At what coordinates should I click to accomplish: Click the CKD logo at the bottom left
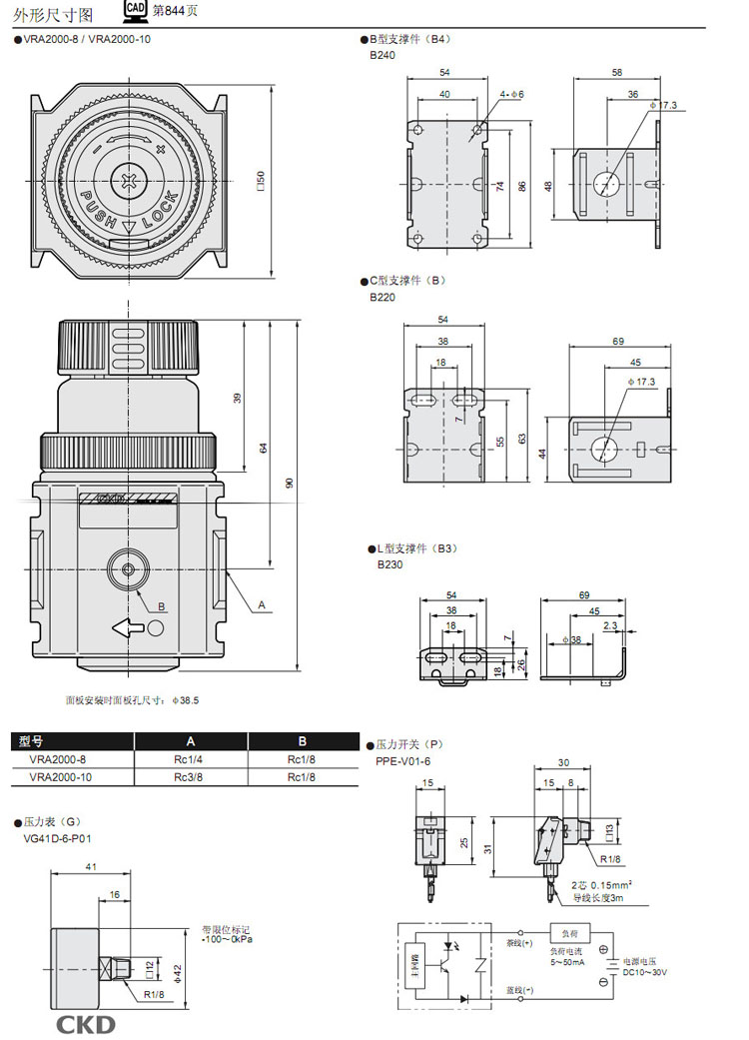click(85, 1024)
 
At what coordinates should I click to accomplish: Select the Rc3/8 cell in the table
click(190, 776)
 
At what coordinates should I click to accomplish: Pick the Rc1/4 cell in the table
click(190, 759)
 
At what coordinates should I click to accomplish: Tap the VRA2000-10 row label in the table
click(63, 776)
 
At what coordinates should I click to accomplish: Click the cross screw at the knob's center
click(131, 183)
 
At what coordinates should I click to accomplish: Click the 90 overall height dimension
click(290, 483)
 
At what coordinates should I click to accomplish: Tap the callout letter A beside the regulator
click(262, 604)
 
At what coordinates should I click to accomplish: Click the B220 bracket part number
click(382, 297)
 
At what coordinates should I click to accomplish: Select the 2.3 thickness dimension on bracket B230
click(609, 626)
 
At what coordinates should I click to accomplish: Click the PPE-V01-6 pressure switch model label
click(403, 761)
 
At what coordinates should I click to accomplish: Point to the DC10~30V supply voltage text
click(645, 972)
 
